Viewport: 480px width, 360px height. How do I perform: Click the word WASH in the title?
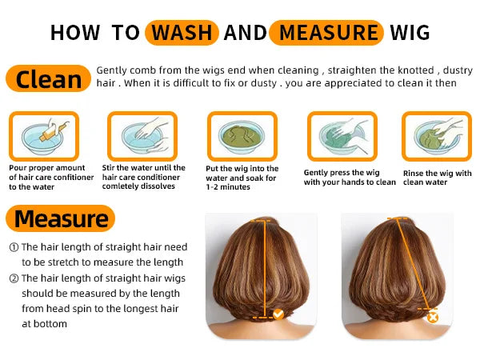point(182,33)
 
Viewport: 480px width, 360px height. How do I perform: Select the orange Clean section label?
point(47,79)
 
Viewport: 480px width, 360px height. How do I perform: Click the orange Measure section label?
point(61,218)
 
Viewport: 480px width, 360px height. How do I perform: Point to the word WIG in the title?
point(409,33)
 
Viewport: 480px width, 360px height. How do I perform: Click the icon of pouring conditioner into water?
point(43,136)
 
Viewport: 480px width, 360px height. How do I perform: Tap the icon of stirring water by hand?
point(142,136)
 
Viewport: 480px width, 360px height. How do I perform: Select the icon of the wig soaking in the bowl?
point(242,136)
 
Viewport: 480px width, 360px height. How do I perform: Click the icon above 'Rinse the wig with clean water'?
point(436,136)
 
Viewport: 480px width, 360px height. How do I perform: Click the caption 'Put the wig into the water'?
point(242,178)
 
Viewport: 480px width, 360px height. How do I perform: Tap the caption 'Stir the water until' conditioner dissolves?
point(143,177)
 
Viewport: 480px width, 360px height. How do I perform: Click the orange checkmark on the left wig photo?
point(278,314)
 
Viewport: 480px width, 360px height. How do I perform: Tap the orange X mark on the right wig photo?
point(433,317)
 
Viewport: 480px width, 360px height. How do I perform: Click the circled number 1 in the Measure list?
point(14,248)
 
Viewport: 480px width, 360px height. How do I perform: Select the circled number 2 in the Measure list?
point(14,278)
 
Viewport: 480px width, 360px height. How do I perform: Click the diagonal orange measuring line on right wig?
point(413,264)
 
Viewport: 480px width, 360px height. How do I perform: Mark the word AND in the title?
point(246,33)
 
